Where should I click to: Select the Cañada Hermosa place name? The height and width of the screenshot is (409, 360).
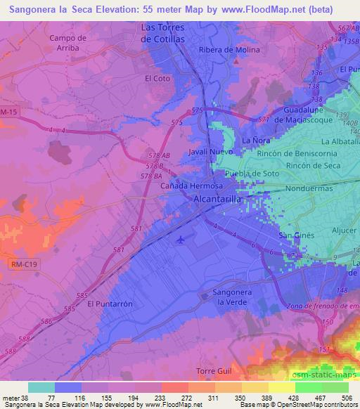click(191, 186)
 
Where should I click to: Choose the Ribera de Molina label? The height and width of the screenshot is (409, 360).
click(229, 50)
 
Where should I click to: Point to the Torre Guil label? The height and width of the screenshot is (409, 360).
click(212, 370)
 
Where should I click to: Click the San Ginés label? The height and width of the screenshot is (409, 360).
click(297, 235)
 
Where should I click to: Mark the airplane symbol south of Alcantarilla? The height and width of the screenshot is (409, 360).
click(182, 241)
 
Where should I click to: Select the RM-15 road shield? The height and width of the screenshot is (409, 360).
click(8, 112)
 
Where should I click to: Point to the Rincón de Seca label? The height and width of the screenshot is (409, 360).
click(314, 166)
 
